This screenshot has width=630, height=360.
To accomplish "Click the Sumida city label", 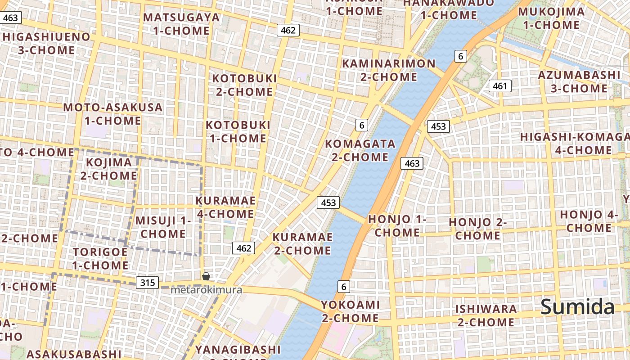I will [577, 307].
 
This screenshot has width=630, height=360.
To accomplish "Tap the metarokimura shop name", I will [206, 290].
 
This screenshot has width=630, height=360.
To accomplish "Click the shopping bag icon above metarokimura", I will [206, 276].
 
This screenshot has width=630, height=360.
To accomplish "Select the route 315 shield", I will [148, 283].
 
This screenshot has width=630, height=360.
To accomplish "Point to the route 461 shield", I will [500, 86].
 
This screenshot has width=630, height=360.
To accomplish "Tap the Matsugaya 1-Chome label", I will [181, 24].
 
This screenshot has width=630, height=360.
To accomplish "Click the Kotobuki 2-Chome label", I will [244, 85].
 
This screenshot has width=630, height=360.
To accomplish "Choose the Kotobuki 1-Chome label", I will [238, 131].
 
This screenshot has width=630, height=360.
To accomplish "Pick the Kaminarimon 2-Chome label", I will [389, 70].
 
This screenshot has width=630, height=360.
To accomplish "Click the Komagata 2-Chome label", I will [360, 150].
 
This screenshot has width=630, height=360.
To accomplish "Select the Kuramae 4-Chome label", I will [225, 207].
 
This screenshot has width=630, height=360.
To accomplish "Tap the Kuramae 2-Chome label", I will [302, 243].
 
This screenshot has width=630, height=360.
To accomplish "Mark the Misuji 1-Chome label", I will [163, 227].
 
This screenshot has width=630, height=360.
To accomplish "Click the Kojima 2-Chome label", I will [108, 168].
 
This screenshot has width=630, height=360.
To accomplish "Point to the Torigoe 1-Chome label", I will [100, 258].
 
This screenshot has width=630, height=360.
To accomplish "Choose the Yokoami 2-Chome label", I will [350, 311].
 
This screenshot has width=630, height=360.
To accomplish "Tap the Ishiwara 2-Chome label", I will [486, 315].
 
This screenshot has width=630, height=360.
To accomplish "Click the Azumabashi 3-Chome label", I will [579, 81].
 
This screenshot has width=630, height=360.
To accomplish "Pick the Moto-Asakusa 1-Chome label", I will [113, 114].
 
